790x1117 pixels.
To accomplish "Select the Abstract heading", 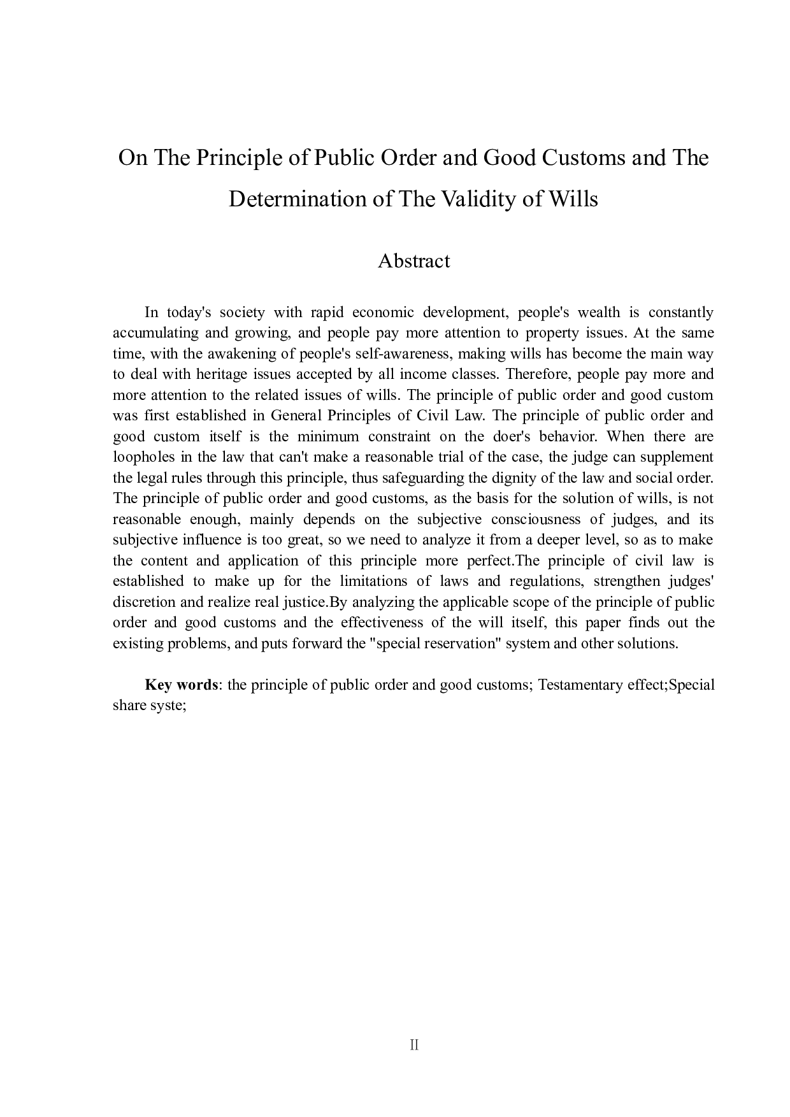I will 413,261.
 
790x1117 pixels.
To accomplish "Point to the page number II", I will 414,1045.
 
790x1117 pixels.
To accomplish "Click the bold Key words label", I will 182,685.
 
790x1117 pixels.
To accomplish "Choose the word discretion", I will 143,602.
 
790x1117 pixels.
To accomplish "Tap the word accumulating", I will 154,333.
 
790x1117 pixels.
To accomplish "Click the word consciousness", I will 536,519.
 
